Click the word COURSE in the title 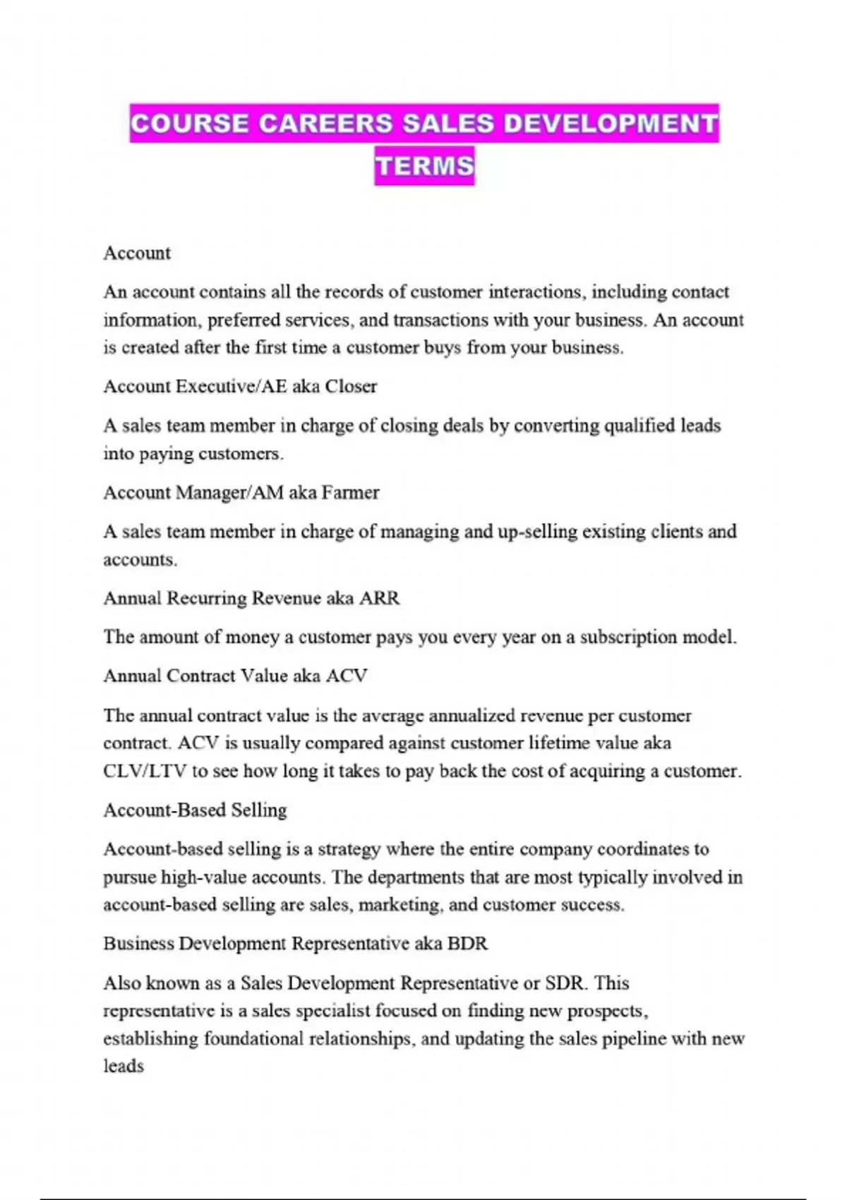click(189, 124)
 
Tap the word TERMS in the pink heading click(424, 166)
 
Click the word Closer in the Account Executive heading click(351, 386)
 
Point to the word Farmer click(350, 492)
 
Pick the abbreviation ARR click(380, 598)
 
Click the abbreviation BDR click(467, 944)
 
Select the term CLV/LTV click(145, 771)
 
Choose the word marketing click(400, 905)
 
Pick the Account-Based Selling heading click(195, 810)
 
